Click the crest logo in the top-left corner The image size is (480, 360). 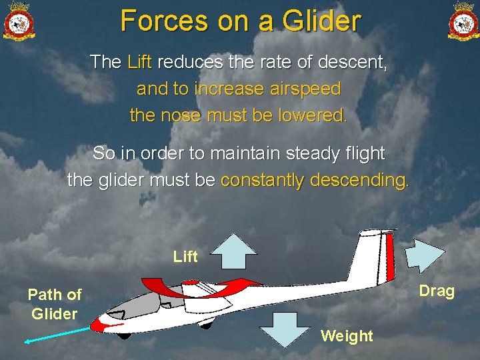click(19, 21)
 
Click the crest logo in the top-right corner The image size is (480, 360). click(463, 21)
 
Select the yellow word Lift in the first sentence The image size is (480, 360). click(139, 63)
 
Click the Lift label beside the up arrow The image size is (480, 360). click(185, 257)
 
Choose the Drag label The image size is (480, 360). click(437, 291)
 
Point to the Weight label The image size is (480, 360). click(347, 335)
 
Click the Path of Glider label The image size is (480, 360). click(55, 304)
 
